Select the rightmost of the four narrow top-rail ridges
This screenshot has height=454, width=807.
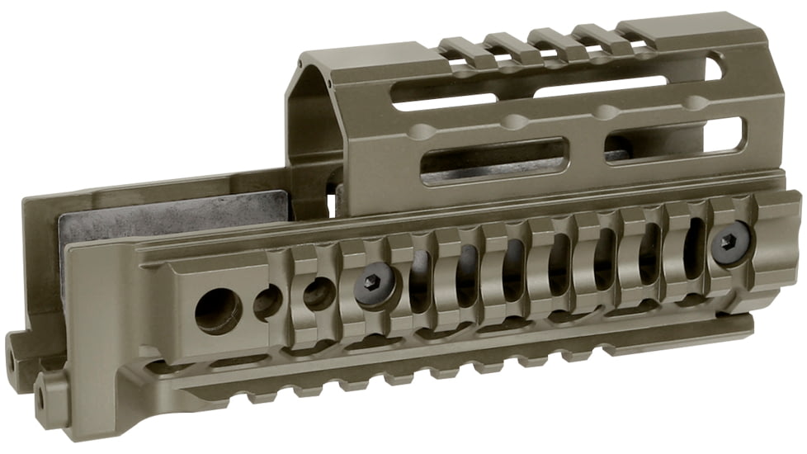click(594, 35)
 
